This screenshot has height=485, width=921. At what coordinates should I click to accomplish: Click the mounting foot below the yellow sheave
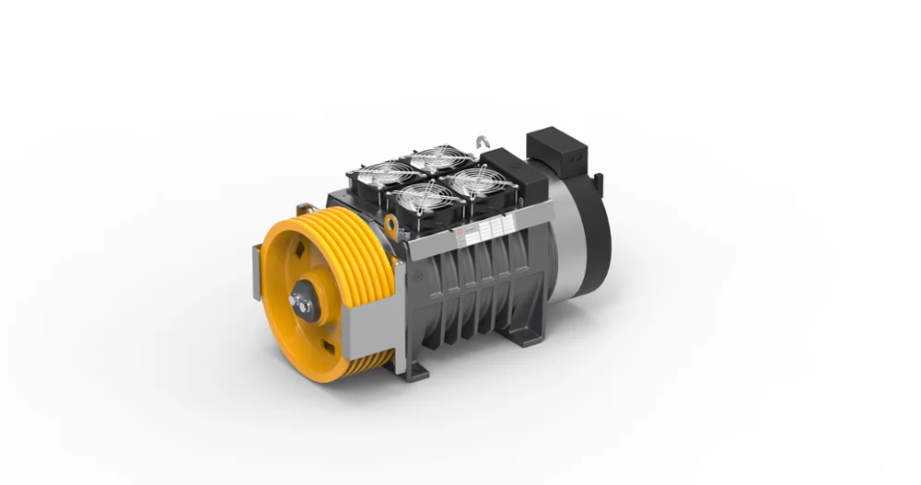pyautogui.click(x=414, y=371)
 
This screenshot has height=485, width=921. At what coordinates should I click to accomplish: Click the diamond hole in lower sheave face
pyautogui.click(x=326, y=345)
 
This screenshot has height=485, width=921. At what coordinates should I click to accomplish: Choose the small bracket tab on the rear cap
pyautogui.click(x=599, y=177)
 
